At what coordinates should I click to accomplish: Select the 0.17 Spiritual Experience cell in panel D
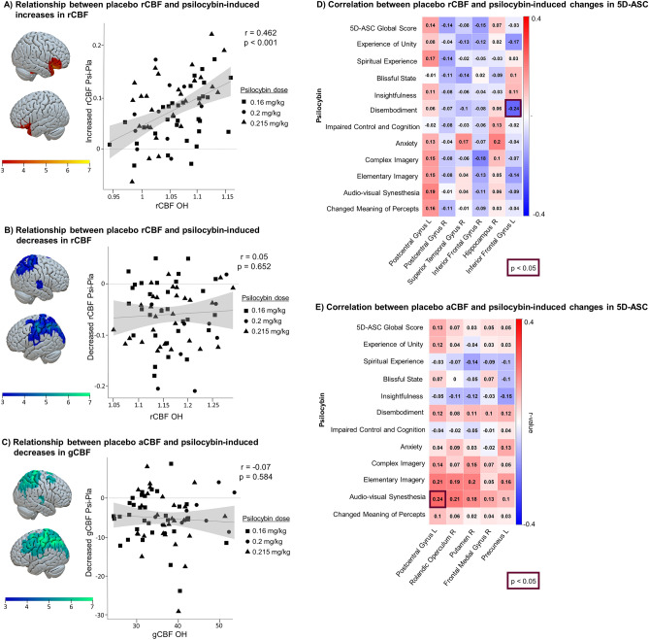[x=430, y=59]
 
